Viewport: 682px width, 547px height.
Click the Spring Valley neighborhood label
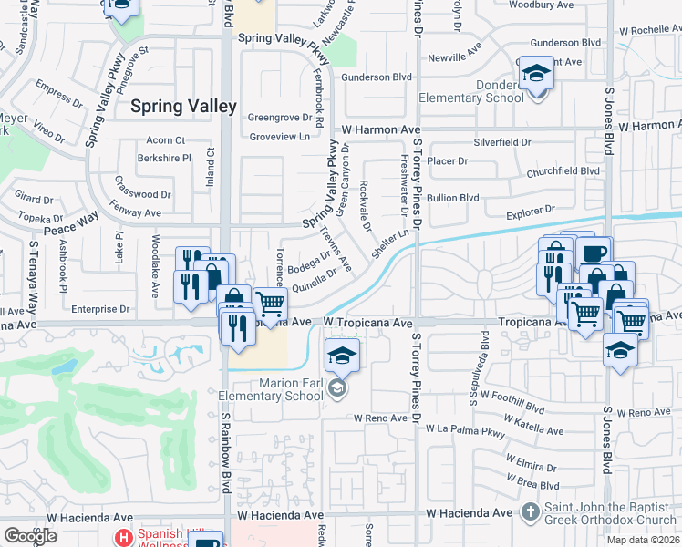coord(184,106)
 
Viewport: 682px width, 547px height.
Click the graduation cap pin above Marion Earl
coord(343,355)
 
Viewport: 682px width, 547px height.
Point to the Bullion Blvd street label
coord(453,197)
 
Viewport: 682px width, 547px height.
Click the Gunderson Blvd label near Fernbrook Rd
coord(377,77)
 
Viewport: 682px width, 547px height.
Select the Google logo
coord(30,536)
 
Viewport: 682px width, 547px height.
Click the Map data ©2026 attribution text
coord(643,540)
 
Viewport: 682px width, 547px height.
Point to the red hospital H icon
coord(123,537)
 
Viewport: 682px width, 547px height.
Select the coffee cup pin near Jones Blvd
coord(593,253)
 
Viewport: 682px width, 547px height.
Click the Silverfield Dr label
coord(501,142)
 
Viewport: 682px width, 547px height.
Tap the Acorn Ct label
coord(165,140)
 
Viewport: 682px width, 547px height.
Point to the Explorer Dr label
coord(530,211)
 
